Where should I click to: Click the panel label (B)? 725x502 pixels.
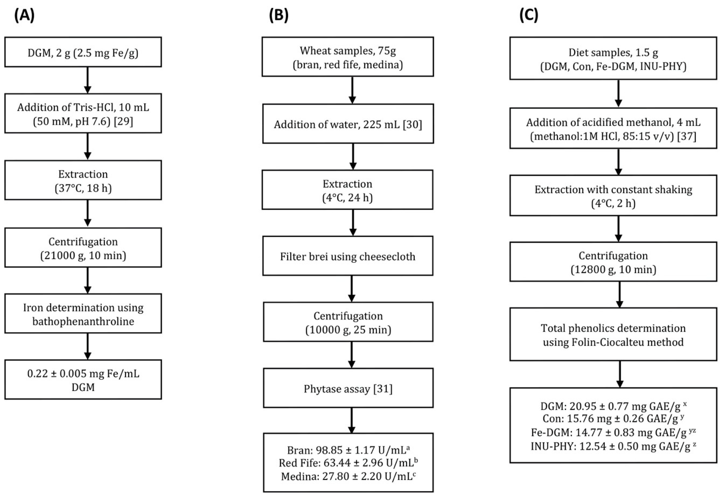tap(278, 15)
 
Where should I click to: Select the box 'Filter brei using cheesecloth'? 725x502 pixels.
tap(348, 256)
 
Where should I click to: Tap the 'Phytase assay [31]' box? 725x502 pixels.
tap(348, 389)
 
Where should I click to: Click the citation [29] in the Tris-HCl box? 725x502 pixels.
tap(123, 121)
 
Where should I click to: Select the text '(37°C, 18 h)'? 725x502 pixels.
tap(83, 188)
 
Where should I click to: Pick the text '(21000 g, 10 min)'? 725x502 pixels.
tap(83, 255)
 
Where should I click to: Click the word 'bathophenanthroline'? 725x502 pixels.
tap(83, 321)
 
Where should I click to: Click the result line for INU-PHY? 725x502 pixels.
tap(613, 446)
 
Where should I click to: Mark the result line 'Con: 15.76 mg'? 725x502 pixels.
tap(613, 419)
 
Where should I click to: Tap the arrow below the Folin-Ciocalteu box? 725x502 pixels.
tap(619, 374)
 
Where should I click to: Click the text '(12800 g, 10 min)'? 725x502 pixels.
tap(613, 270)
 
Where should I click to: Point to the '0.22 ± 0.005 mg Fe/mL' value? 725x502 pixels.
tap(83, 374)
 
